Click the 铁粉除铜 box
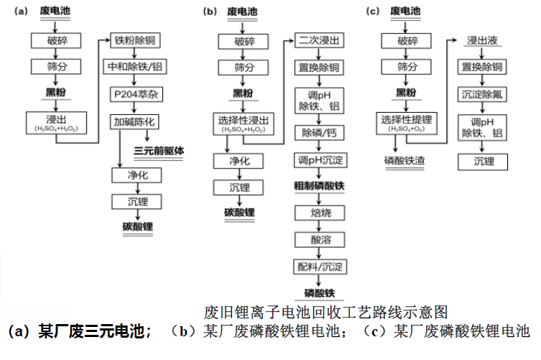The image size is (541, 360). pyautogui.click(x=136, y=40)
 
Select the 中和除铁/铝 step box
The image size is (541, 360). pyautogui.click(x=136, y=68)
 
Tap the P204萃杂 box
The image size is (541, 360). pyautogui.click(x=136, y=95)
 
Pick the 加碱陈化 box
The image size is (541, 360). pyautogui.click(x=136, y=121)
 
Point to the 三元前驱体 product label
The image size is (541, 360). pyautogui.click(x=159, y=150)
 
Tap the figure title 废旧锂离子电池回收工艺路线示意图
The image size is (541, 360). pyautogui.click(x=326, y=312)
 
